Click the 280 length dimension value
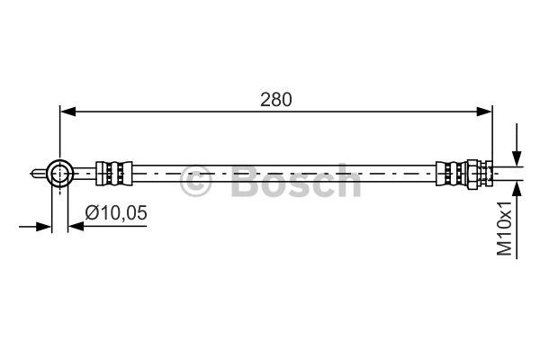tap(276, 100)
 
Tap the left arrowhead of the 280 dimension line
tap(67, 112)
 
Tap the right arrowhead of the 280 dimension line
tap(484, 112)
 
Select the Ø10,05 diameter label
tap(116, 212)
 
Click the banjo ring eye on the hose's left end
tap(60, 174)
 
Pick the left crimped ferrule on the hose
tap(114, 174)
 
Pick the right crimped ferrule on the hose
tap(452, 174)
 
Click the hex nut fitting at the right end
tap(479, 174)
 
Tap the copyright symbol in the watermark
tap(195, 181)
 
